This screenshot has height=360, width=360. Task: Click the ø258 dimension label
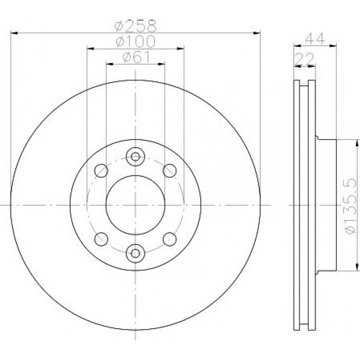click(x=136, y=26)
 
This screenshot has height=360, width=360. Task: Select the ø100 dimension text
click(x=136, y=41)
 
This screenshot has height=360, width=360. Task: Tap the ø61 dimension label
click(x=136, y=57)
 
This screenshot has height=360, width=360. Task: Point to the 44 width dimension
click(x=315, y=38)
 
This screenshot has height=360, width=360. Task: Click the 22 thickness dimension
click(x=305, y=59)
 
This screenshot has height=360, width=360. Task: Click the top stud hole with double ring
click(x=136, y=157)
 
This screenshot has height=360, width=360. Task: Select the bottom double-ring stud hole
click(x=136, y=253)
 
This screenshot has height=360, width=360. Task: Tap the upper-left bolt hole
click(x=101, y=171)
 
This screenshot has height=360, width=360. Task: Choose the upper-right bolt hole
click(x=169, y=171)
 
